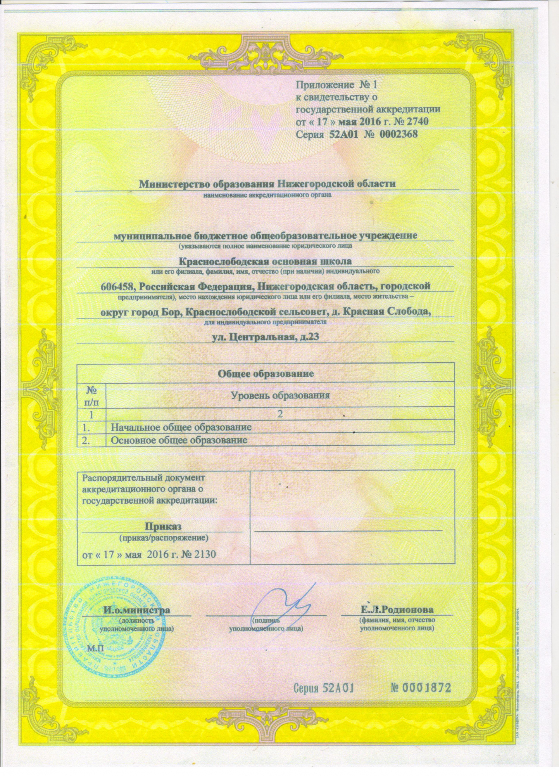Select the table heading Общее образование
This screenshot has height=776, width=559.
(266, 374)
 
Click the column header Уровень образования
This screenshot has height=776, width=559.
(280, 396)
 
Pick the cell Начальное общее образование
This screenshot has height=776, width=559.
(181, 427)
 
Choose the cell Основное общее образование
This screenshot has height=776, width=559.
(179, 440)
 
